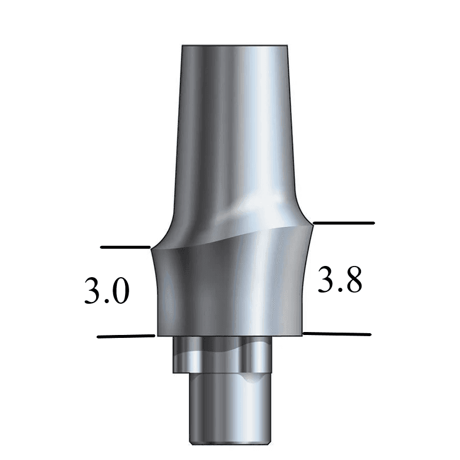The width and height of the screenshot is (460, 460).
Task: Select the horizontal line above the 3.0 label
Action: tap(125, 247)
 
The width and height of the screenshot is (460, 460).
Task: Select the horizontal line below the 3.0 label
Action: tap(125, 336)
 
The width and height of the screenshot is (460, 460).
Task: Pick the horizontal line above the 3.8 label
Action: tap(343, 223)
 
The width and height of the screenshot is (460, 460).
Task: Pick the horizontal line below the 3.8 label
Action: tap(337, 334)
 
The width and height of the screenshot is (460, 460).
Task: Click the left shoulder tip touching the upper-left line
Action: tap(153, 248)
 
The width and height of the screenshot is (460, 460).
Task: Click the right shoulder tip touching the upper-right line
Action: tap(312, 224)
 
